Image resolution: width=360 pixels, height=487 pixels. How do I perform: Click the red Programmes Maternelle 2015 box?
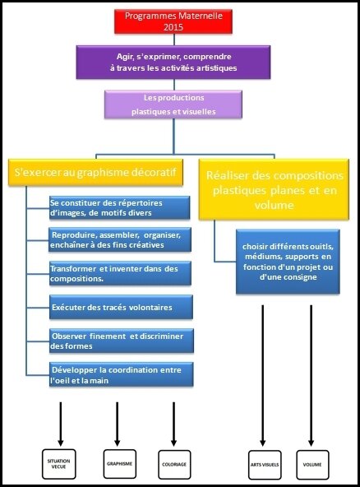173,21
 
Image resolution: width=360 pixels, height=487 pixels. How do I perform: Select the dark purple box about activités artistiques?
173,63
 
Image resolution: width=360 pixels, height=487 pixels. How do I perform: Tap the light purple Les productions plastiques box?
173,104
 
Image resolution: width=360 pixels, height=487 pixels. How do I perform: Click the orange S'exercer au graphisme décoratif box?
95,173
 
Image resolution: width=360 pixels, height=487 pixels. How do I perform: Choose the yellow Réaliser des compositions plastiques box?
274,189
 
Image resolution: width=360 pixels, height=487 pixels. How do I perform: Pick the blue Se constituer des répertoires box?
119,208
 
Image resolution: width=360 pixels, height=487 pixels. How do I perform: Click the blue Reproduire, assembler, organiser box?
120,239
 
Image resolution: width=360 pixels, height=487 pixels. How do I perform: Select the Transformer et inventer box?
120,273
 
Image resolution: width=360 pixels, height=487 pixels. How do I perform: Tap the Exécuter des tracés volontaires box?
121,307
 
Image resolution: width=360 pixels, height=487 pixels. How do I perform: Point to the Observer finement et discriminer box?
122,341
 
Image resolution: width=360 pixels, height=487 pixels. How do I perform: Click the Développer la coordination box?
122,374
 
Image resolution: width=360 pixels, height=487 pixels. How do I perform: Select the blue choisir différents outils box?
288,262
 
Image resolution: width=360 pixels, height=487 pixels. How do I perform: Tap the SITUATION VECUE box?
59,464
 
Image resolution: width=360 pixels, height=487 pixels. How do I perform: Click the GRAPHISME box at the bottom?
120,464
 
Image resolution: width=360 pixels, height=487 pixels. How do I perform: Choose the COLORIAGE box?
174,465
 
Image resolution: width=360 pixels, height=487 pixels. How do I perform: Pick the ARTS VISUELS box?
265,465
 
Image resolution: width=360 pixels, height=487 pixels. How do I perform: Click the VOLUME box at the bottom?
312,465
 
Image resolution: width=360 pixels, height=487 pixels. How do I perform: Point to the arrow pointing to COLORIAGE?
173,424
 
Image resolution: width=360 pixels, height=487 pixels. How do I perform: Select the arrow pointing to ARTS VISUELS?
262,376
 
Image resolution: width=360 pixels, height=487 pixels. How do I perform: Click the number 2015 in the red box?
173,27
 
